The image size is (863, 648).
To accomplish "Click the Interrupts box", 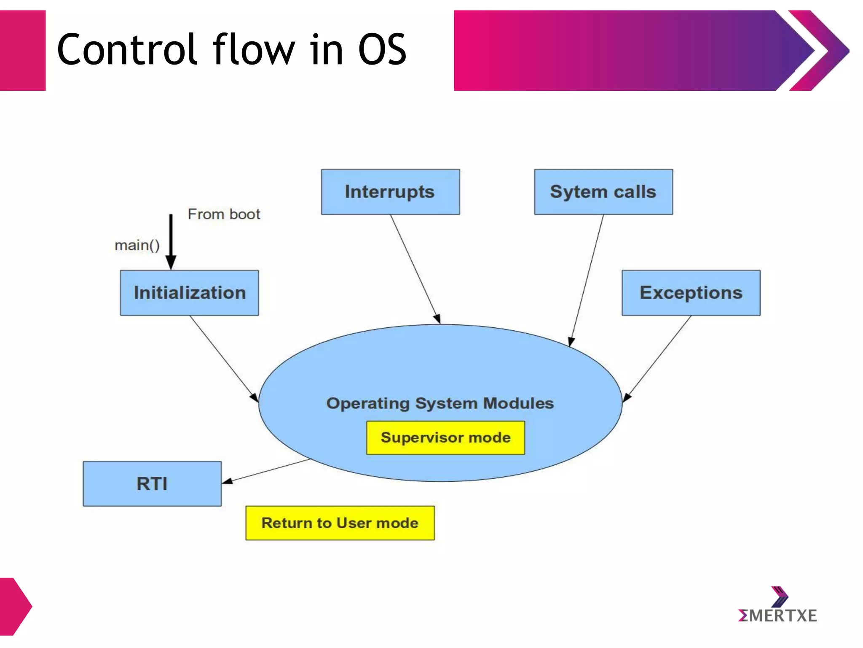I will (x=390, y=192).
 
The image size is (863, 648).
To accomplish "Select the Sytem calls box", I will (x=603, y=192).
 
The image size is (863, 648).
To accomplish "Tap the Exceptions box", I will (x=691, y=293).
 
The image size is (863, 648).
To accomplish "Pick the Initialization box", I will (x=189, y=293).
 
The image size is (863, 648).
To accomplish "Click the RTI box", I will (x=152, y=483).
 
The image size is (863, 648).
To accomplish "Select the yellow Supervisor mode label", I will (x=445, y=437).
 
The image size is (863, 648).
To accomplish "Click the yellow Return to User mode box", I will (x=340, y=523).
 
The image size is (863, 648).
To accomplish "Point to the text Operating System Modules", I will (x=440, y=403).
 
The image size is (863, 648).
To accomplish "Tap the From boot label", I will (x=224, y=214).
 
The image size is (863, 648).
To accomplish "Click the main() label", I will (x=137, y=245).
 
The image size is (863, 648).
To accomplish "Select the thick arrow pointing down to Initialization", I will (x=171, y=240).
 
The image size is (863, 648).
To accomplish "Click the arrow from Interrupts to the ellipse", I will (x=415, y=268).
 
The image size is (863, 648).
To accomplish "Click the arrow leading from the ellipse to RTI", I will (x=266, y=471).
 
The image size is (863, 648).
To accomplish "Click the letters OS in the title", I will (x=382, y=50).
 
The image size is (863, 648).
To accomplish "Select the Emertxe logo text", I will (x=777, y=616).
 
